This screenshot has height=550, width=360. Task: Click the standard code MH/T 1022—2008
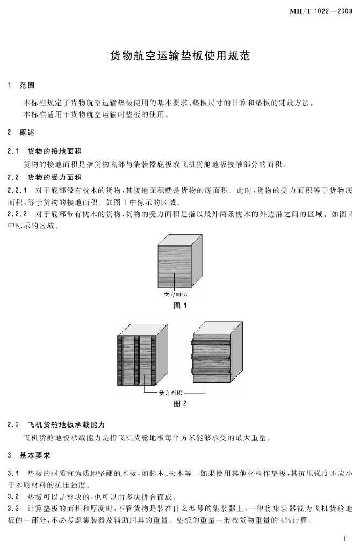click(x=321, y=11)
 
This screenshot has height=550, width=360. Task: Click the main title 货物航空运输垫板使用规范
click(x=179, y=55)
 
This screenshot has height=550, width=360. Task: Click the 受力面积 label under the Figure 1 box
click(x=176, y=294)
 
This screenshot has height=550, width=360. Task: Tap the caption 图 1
click(x=180, y=306)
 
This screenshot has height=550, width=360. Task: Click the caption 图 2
click(x=180, y=404)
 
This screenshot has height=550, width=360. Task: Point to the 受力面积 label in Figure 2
click(x=170, y=393)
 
